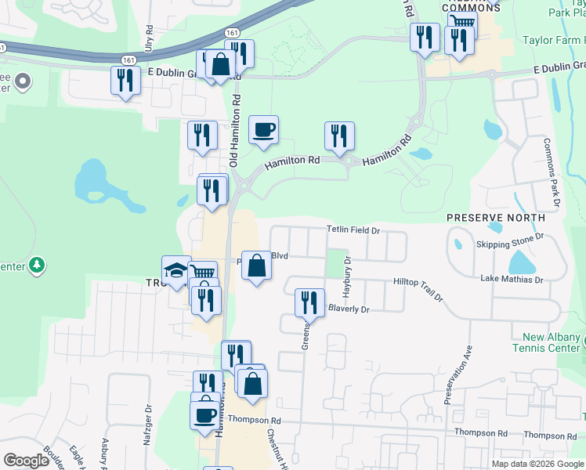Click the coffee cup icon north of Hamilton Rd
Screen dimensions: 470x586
click(x=263, y=129)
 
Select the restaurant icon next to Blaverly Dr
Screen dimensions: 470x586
click(x=309, y=302)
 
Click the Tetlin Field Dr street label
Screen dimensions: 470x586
click(x=353, y=230)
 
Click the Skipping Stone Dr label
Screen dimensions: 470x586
click(x=510, y=241)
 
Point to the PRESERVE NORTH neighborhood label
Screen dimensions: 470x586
click(x=496, y=217)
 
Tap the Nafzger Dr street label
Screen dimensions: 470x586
click(x=147, y=424)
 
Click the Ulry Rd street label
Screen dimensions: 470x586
click(x=148, y=38)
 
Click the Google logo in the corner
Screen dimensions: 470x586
click(x=26, y=461)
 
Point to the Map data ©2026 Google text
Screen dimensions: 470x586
click(x=537, y=464)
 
